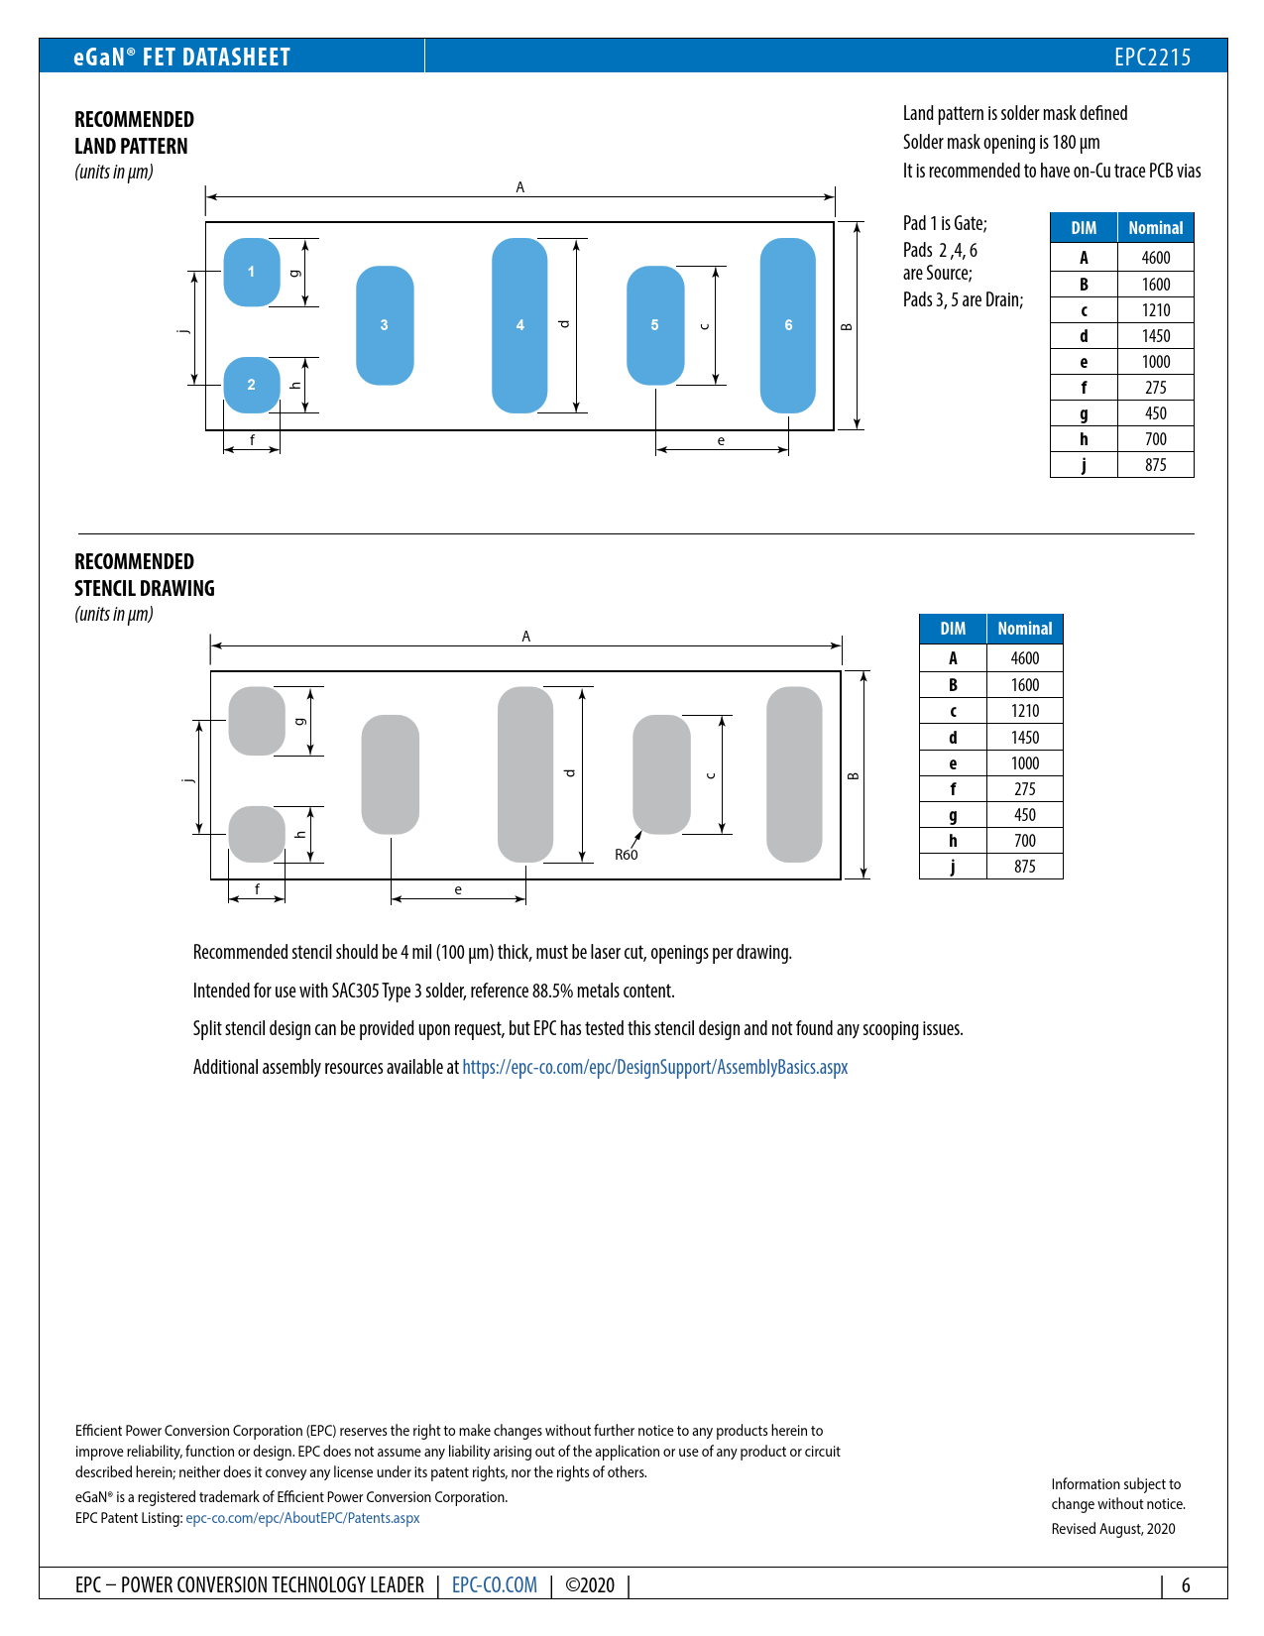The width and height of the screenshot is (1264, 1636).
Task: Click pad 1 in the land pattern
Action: point(252,272)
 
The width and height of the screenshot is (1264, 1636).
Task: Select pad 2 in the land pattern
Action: point(252,385)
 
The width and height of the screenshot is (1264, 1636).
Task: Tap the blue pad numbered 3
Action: point(385,325)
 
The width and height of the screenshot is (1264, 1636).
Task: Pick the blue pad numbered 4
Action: point(519,325)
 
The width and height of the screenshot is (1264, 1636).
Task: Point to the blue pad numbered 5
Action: point(655,325)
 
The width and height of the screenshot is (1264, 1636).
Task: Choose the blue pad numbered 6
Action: point(788,325)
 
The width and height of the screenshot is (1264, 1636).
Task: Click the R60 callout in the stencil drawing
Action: point(627,855)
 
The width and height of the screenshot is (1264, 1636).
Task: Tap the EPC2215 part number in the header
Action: point(1152,57)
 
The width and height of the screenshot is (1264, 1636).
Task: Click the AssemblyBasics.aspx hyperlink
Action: point(654,1067)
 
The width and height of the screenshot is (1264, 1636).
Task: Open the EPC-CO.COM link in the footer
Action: point(495,1584)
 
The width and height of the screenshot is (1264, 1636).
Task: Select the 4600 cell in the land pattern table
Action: point(1156,258)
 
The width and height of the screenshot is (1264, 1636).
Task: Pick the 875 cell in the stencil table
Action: point(1025,867)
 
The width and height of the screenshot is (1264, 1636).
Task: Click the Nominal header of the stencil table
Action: point(1025,629)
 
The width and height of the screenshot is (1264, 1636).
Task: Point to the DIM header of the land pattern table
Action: point(1084,228)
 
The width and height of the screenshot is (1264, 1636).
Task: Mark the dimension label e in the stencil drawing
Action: point(458,889)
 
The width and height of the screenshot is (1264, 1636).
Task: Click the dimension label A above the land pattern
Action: point(520,187)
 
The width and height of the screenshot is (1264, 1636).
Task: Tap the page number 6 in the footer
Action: point(1186,1584)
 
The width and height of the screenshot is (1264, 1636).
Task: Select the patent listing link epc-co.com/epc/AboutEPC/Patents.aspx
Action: point(302,1518)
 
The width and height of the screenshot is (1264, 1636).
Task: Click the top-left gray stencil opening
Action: point(257,721)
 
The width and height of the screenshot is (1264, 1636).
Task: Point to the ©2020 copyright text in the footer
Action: point(590,1584)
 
